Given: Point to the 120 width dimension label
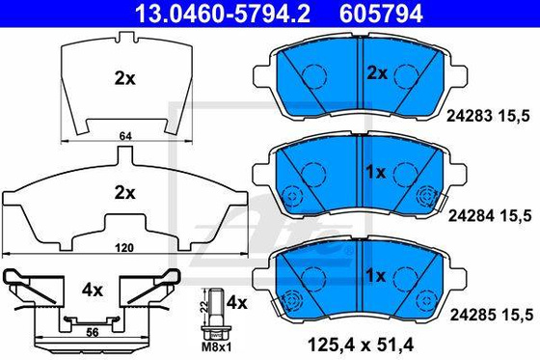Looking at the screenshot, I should click(122, 248).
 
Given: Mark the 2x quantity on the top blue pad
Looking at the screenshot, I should click(376, 72).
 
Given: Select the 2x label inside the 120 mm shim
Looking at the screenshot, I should click(122, 193).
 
